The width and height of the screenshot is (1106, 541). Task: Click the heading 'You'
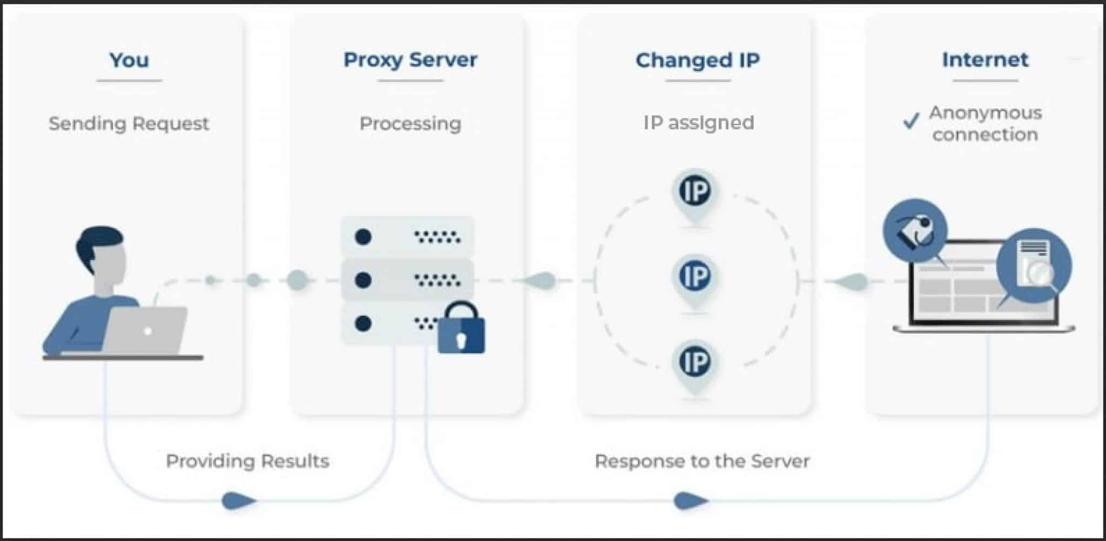click(129, 60)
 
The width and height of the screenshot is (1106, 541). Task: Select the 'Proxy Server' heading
click(410, 60)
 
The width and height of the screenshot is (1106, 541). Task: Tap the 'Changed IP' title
click(697, 60)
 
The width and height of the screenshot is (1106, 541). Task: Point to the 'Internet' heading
click(985, 60)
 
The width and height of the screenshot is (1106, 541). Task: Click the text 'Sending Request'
click(129, 124)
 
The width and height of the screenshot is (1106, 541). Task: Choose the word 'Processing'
click(410, 124)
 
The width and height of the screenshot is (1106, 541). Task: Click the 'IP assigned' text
click(698, 123)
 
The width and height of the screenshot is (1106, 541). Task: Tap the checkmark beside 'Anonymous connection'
click(911, 121)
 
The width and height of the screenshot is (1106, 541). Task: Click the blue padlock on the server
click(461, 329)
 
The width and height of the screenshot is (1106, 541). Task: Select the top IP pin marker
click(695, 192)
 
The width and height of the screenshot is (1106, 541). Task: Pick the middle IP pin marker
click(695, 277)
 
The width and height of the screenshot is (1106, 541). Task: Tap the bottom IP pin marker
click(695, 362)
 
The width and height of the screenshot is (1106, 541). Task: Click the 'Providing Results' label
click(247, 461)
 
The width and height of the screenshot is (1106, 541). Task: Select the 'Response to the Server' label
click(702, 461)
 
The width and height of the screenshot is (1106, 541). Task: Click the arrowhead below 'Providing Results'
click(238, 501)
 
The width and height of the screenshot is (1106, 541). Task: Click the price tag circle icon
click(915, 231)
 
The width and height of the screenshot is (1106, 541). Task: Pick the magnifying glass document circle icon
click(1034, 265)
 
